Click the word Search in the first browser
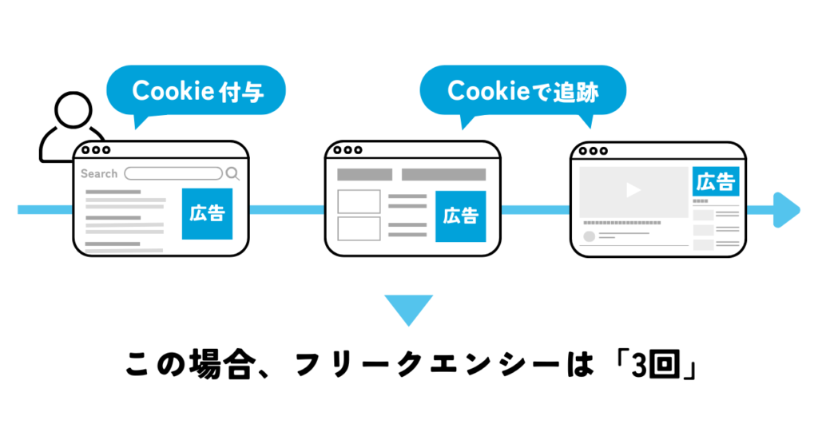click(99, 173)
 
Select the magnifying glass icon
click(232, 173)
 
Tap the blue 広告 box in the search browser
click(207, 214)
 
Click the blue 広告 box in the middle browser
click(460, 216)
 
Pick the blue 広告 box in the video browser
click(715, 182)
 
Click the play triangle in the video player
click(633, 191)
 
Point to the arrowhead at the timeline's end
click(787, 209)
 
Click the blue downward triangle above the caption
click(408, 309)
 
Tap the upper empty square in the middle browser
click(359, 201)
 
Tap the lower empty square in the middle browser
click(359, 228)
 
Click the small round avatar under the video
click(590, 236)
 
